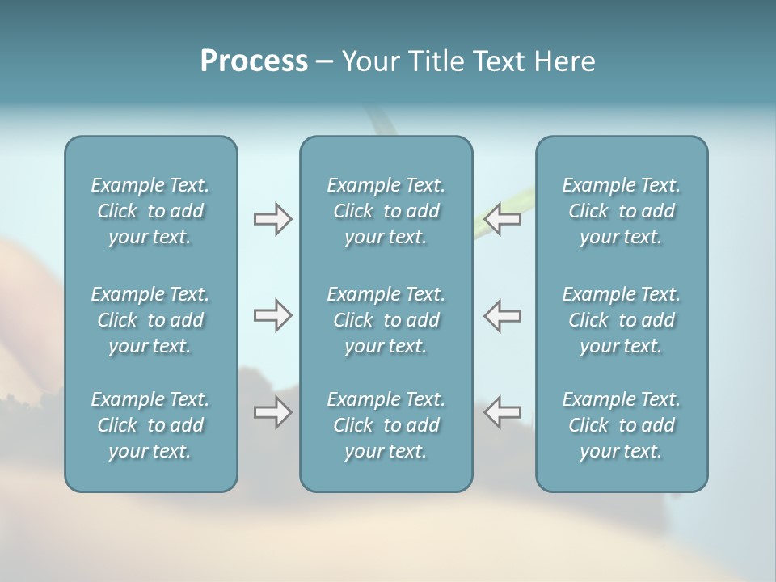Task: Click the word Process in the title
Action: point(254,61)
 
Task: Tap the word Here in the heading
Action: point(564,61)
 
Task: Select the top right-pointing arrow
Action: point(272,219)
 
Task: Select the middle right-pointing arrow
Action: point(272,315)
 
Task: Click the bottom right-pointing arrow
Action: point(272,413)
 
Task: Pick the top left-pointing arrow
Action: point(502,219)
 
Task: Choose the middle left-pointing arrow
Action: point(502,315)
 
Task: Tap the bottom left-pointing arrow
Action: point(502,411)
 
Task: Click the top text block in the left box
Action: point(150,211)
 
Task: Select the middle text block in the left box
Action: point(150,320)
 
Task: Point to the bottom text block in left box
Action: point(150,425)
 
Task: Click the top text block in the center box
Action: point(386,211)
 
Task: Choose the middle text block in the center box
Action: point(386,320)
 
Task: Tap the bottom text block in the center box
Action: point(386,425)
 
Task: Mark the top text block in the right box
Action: point(622,211)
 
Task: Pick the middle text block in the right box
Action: point(622,320)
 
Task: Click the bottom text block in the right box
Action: point(622,425)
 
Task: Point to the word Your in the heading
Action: point(369,61)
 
